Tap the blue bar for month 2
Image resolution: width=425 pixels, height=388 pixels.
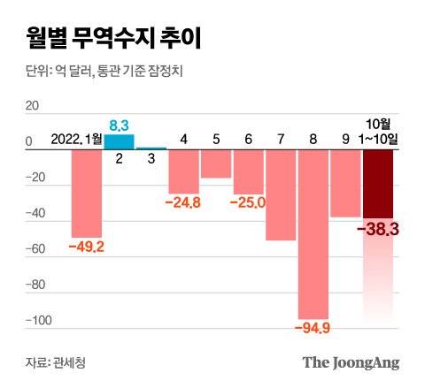click(120, 141)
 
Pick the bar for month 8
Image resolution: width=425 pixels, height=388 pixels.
click(313, 233)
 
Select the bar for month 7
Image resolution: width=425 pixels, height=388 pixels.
click(281, 194)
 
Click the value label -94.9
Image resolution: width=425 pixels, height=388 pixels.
click(313, 329)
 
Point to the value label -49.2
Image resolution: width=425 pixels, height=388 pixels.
click(87, 246)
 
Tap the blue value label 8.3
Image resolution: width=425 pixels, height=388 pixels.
click(120, 126)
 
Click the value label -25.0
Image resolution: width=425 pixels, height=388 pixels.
click(249, 202)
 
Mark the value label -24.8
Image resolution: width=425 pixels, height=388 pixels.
click(184, 202)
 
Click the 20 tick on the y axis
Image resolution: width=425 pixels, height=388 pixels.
click(33, 105)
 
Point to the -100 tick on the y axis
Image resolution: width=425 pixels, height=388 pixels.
click(28, 322)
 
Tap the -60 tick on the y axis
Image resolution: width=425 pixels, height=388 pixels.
click(31, 250)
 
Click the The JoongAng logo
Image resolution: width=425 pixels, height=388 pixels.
click(351, 362)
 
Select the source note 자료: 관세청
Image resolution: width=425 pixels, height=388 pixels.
click(57, 362)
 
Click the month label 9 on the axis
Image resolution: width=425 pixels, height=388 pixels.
click(345, 139)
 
